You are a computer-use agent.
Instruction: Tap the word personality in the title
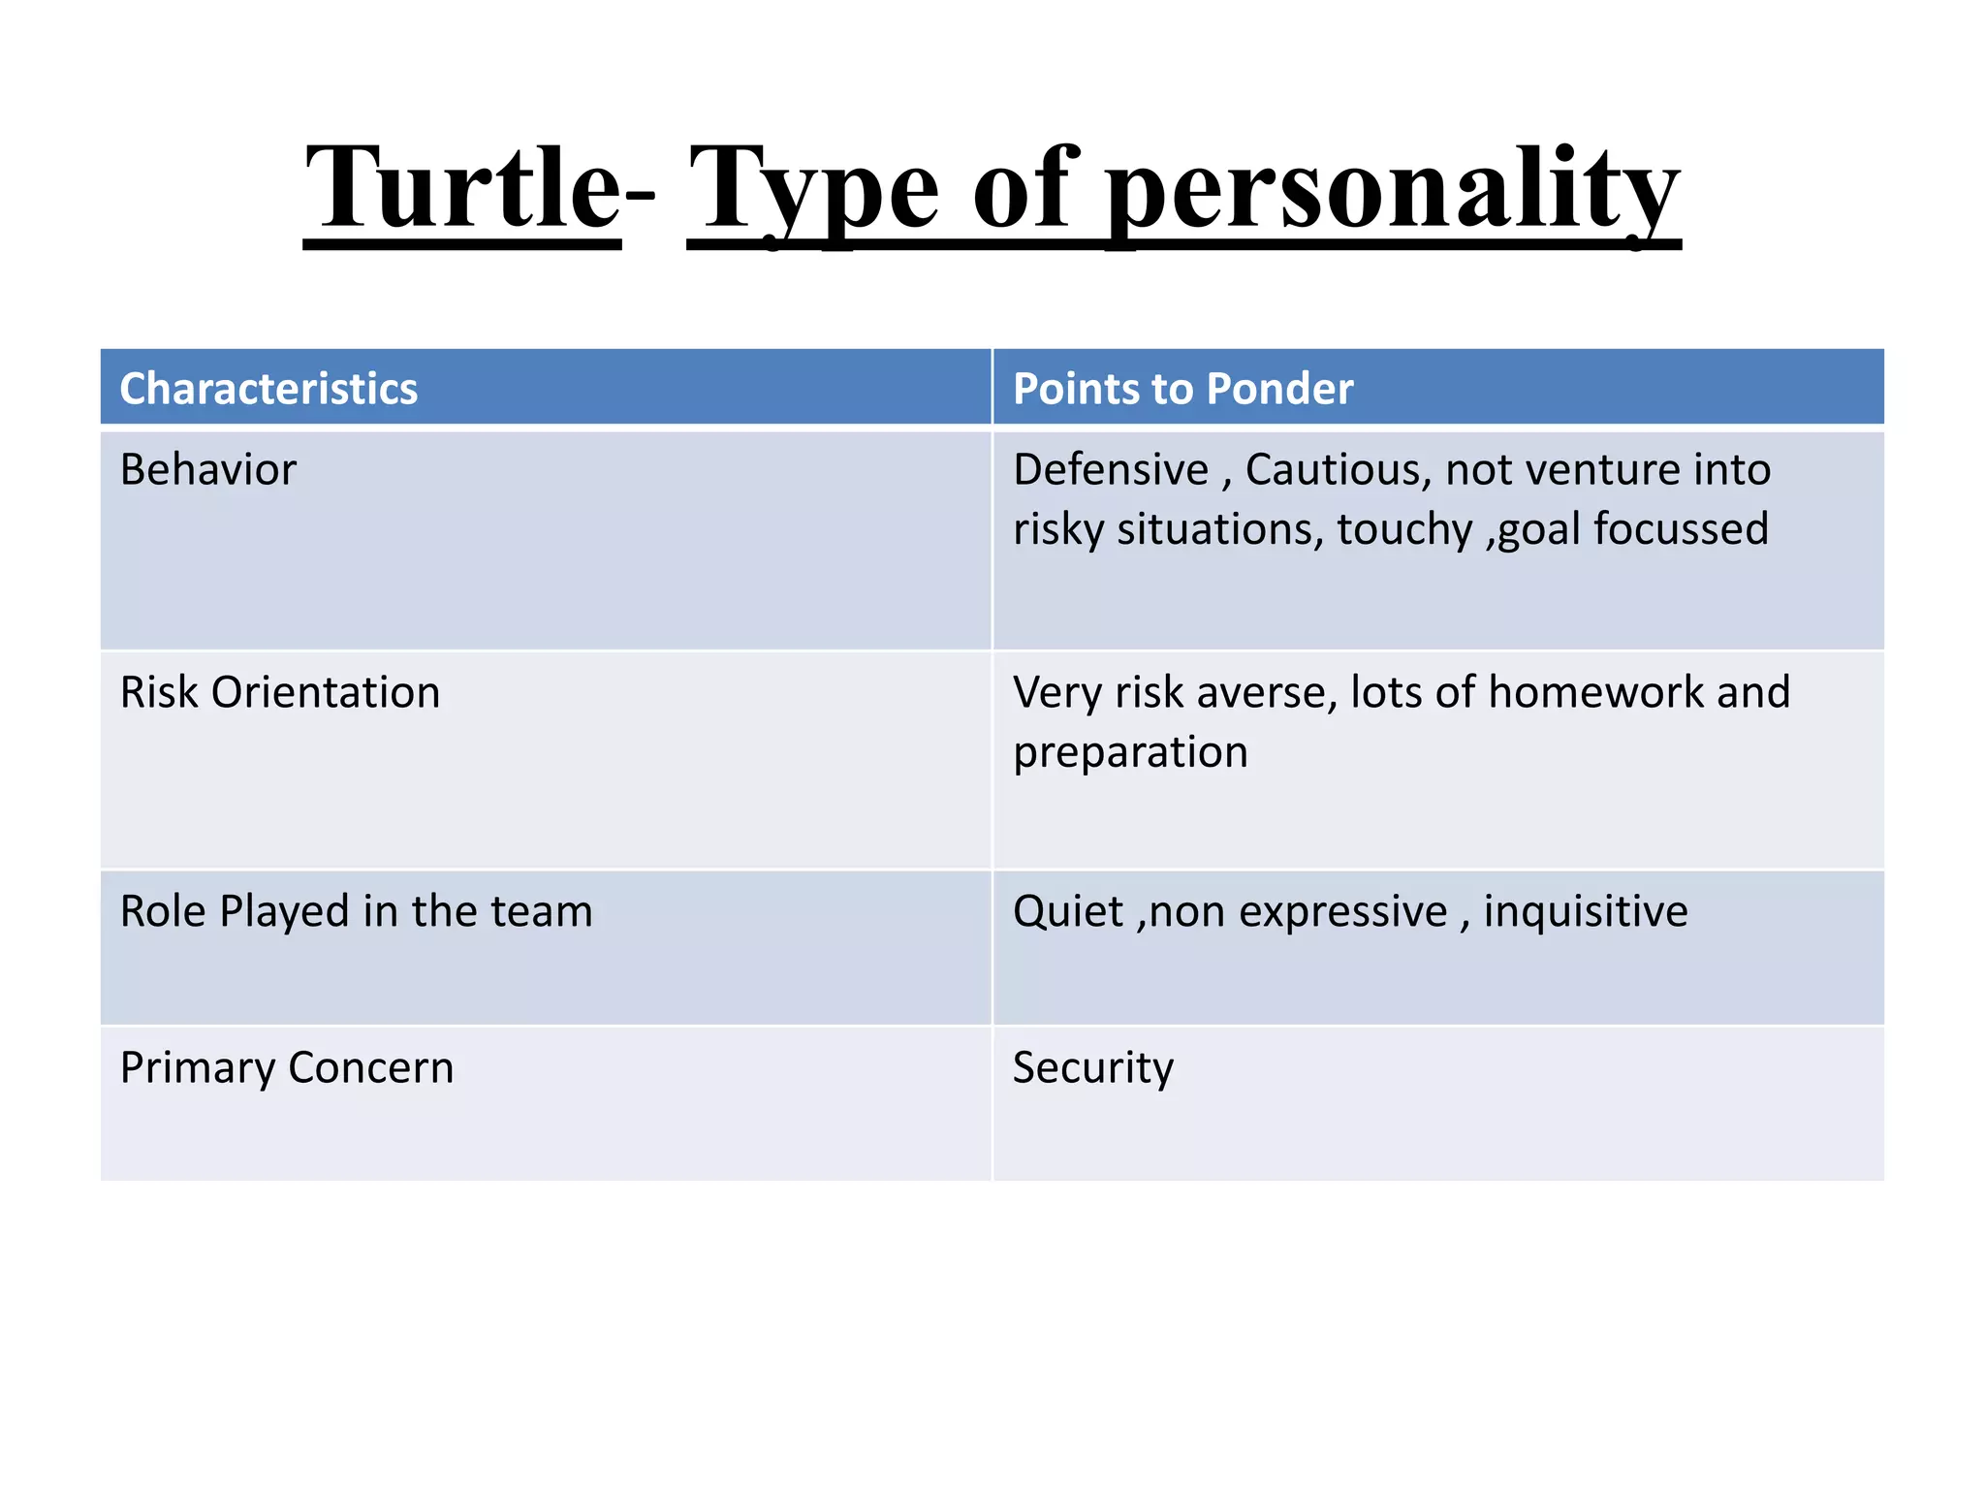tap(1393, 189)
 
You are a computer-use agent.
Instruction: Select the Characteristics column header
tap(268, 389)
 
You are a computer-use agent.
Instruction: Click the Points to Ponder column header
tap(1182, 389)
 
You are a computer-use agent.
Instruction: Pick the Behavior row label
tap(207, 470)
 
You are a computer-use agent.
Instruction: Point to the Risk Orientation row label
tap(280, 693)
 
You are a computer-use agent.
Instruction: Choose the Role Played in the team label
tap(356, 912)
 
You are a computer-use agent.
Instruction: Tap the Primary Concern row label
tap(287, 1068)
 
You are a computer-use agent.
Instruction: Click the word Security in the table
tap(1092, 1068)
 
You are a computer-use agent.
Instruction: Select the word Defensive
tap(1111, 470)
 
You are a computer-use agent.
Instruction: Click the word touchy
tap(1404, 530)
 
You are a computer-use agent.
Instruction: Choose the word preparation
tap(1130, 753)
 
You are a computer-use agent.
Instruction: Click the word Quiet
tap(1068, 912)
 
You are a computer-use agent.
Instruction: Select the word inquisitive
tap(1586, 912)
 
